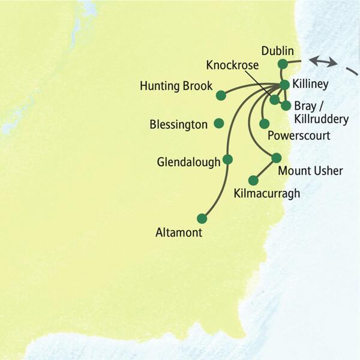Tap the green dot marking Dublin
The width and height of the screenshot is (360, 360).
pos(283,64)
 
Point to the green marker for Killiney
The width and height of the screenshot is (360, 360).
pos(284,85)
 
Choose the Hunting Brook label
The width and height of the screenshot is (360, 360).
pos(176,86)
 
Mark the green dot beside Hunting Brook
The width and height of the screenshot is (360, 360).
pos(221,95)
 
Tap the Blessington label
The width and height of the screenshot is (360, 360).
pos(178,125)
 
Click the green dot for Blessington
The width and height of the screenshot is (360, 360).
pos(218,123)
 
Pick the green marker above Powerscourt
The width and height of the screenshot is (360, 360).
pos(264,124)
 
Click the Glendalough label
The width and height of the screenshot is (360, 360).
pos(188,162)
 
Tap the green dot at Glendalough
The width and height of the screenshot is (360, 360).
pos(227,160)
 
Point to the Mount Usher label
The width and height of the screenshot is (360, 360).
pos(311,172)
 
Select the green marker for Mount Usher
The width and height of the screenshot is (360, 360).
pos(276,158)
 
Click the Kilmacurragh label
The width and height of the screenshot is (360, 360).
pos(266,194)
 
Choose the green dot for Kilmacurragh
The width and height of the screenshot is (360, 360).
pos(253,180)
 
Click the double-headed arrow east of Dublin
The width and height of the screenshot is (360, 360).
pos(323,61)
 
